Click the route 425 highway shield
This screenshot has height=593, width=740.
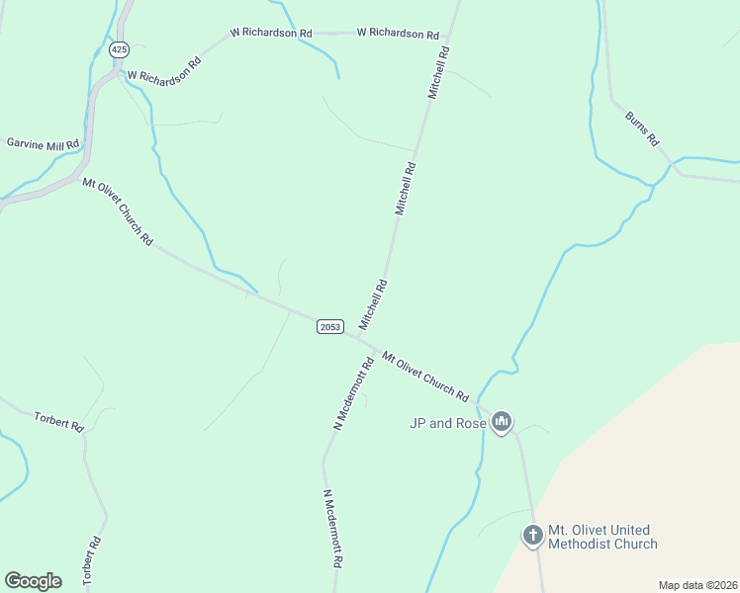point(120,48)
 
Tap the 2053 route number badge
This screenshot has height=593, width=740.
point(330,326)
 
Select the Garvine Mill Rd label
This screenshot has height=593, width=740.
point(43,143)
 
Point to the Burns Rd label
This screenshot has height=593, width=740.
point(641,128)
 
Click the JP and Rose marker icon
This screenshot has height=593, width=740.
point(502,422)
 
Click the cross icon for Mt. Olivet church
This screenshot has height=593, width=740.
point(532,536)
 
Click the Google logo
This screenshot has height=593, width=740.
point(33,581)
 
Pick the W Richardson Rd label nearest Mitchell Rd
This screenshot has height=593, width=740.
point(398,33)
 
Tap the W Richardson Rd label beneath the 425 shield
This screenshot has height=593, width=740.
point(163,67)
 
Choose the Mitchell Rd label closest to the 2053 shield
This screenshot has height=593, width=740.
point(373,304)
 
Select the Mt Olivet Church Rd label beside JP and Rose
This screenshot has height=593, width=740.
point(425,376)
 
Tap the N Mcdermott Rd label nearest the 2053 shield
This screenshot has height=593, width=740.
point(352,393)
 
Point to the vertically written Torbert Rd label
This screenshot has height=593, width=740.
point(94,559)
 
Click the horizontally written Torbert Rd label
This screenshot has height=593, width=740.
point(58,421)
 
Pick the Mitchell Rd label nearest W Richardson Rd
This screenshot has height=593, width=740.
point(438,71)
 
